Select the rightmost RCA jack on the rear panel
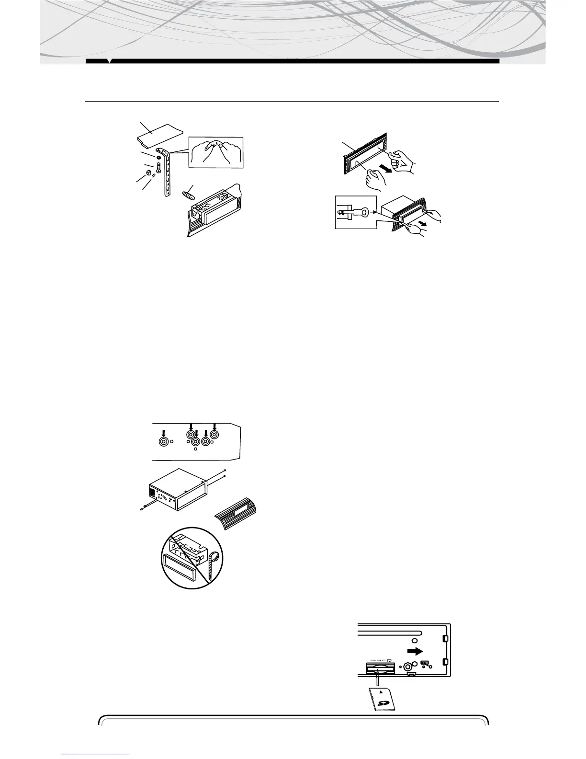[x=214, y=435]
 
